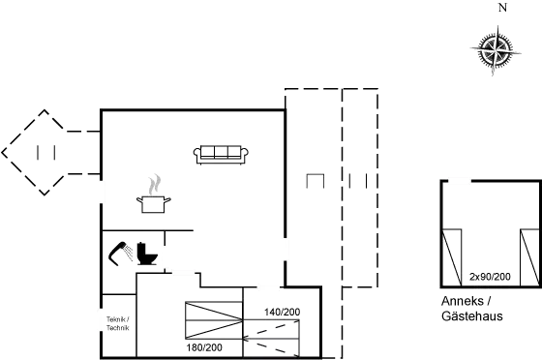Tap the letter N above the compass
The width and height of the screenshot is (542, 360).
[x=500, y=9]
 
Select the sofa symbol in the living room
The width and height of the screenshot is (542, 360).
[x=222, y=152]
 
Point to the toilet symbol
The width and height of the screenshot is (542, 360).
[x=145, y=253]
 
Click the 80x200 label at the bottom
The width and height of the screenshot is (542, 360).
[x=208, y=346]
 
